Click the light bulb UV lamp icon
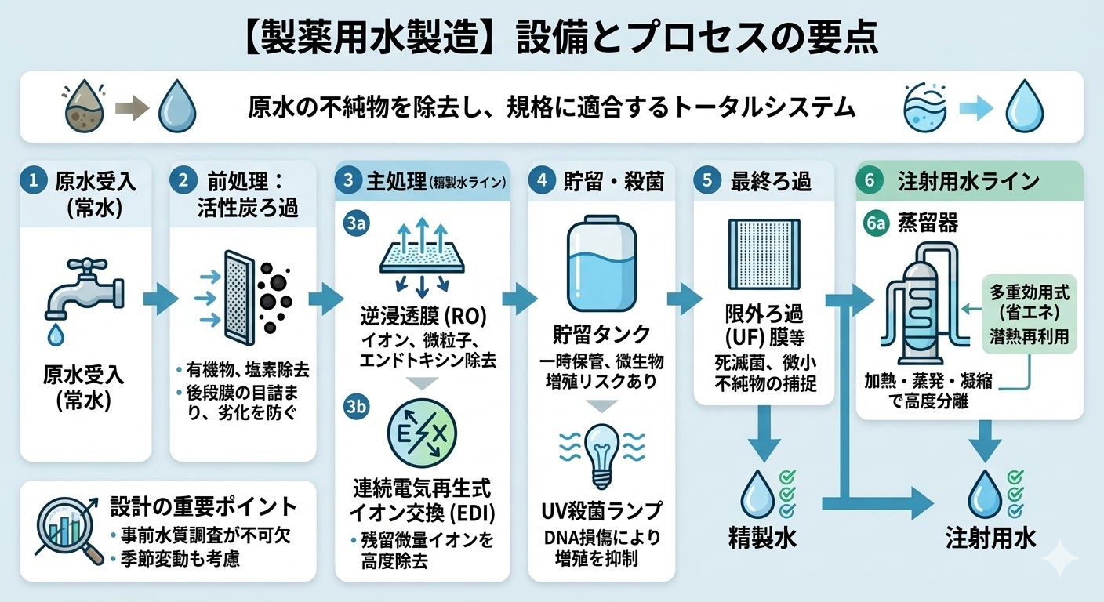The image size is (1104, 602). click(601, 455)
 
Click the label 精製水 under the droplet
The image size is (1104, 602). click(760, 540)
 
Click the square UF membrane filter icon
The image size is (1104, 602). click(763, 259)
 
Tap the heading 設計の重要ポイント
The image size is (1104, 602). click(203, 506)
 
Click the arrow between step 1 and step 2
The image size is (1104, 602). click(160, 299)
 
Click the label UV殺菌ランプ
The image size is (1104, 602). click(601, 511)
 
